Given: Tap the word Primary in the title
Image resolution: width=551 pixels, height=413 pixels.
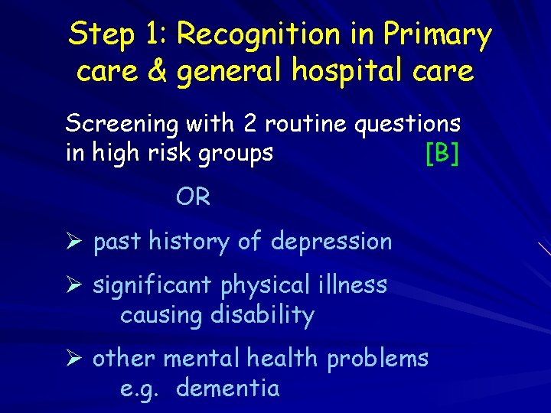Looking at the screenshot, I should [x=438, y=35].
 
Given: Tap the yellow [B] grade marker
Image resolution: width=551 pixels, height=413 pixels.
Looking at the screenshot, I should [x=442, y=154].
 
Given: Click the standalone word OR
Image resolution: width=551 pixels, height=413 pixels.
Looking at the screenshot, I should [x=193, y=197].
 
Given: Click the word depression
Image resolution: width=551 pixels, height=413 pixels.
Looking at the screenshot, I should [x=331, y=242].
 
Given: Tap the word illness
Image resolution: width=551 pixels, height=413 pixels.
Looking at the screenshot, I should [x=354, y=285].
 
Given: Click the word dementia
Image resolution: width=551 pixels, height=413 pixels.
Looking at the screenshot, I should [x=227, y=389].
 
